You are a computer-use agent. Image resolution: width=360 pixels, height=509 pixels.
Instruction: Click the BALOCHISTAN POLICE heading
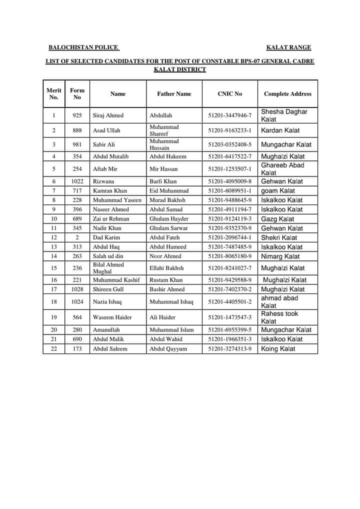(x=83, y=47)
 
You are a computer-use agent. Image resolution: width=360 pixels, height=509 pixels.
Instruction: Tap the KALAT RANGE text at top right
(x=288, y=47)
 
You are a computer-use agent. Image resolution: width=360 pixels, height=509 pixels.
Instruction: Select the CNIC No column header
(x=230, y=93)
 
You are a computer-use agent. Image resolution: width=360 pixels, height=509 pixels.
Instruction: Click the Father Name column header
(x=174, y=93)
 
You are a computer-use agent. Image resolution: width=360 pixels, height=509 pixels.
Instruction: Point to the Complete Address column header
(x=287, y=93)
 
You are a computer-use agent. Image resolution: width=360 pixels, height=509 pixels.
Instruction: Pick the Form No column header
(x=77, y=93)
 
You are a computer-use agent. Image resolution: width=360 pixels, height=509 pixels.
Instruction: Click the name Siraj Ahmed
(x=108, y=115)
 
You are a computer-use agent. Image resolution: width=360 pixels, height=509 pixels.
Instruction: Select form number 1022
(x=77, y=181)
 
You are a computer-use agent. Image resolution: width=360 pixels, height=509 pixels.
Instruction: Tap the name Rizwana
(x=103, y=181)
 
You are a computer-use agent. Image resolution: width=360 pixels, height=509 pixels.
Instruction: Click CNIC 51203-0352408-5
(x=230, y=144)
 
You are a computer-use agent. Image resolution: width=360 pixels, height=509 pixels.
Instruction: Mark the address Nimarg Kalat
(x=280, y=256)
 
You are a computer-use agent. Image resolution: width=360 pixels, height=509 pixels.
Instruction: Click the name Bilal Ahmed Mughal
(x=108, y=268)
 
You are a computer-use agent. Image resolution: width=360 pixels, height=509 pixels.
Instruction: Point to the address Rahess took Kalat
(x=279, y=317)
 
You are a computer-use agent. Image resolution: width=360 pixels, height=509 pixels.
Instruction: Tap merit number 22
(x=54, y=349)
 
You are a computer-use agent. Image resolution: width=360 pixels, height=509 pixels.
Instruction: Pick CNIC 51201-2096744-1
(x=230, y=238)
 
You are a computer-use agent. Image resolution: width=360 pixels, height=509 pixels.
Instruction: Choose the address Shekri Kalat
(x=279, y=238)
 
